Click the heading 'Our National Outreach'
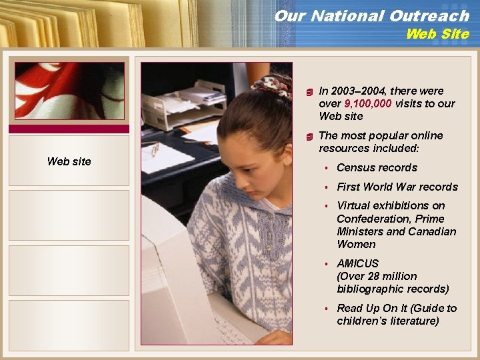[371, 15]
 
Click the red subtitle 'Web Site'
[437, 34]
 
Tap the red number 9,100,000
[368, 103]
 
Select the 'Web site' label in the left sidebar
[69, 161]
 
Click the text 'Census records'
[377, 167]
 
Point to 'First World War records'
[397, 187]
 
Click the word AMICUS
[357, 263]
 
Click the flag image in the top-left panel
[69, 91]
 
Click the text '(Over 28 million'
[377, 276]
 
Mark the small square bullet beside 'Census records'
[328, 168]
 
